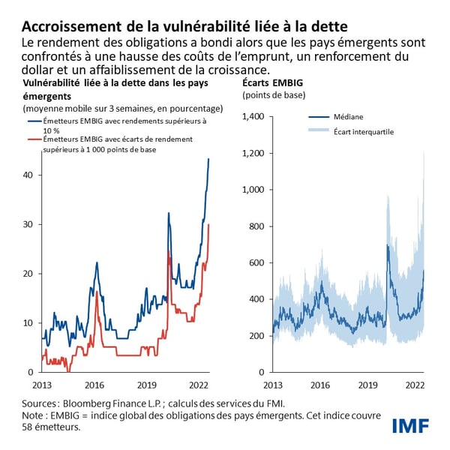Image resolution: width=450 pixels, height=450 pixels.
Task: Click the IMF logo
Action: click(x=410, y=427)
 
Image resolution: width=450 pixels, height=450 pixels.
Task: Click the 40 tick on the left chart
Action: click(x=28, y=175)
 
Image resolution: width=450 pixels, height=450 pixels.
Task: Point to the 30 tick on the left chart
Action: click(x=28, y=224)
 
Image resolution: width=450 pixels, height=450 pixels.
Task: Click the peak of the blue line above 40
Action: click(x=209, y=159)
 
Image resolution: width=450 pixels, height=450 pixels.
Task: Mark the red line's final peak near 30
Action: click(x=208, y=224)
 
